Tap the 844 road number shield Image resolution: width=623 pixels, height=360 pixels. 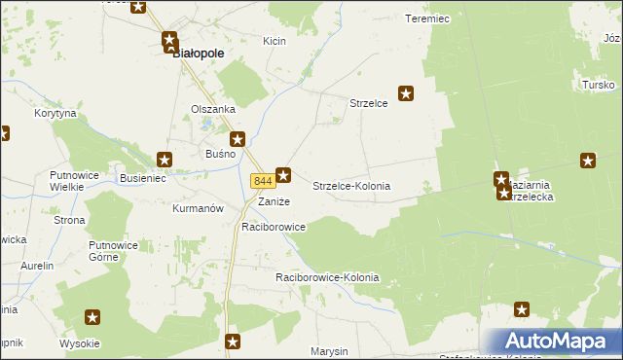261,181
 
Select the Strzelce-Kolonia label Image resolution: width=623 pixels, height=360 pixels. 351,185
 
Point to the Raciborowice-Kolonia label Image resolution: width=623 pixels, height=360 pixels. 327,278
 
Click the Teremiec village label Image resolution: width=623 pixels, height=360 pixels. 425,18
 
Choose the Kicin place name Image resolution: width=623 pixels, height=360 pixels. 274,41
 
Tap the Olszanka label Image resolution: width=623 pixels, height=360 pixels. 213,109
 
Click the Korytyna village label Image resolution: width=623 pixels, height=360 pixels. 55,114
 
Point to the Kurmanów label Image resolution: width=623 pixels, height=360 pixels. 198,208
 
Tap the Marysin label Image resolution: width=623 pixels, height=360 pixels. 329,350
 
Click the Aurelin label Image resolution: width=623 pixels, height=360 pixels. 36,266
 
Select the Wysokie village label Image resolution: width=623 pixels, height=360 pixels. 79,343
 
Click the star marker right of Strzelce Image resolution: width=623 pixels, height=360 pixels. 407,94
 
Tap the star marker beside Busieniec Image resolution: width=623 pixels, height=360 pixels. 165,159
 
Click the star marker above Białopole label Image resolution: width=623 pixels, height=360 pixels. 166,41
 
